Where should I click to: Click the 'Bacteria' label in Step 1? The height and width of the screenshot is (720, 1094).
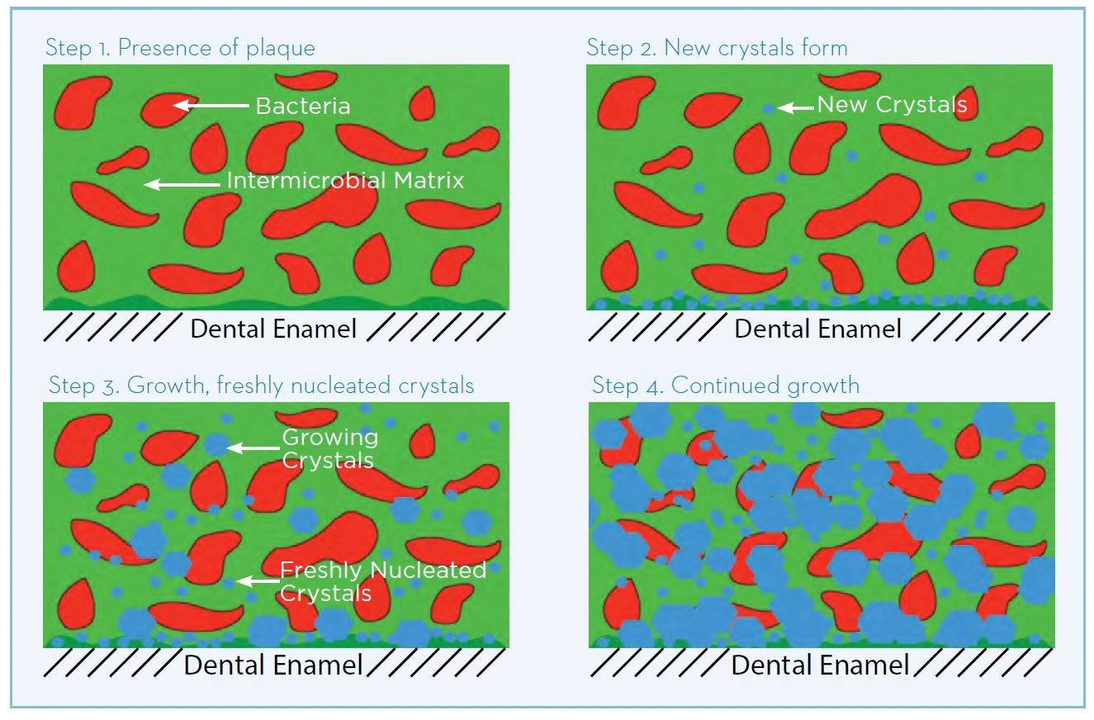click(x=302, y=106)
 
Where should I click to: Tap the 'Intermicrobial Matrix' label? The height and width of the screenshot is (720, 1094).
click(x=345, y=180)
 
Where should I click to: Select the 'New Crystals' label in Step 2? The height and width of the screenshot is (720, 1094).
click(x=892, y=105)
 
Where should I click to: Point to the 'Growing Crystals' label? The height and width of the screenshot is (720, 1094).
click(x=329, y=448)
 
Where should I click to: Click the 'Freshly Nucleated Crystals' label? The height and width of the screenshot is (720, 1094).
click(x=382, y=581)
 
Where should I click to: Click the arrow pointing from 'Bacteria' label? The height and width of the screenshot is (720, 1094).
click(x=211, y=105)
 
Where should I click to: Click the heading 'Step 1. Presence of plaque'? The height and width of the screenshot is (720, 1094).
click(x=180, y=47)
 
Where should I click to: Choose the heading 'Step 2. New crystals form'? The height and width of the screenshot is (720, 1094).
click(x=717, y=47)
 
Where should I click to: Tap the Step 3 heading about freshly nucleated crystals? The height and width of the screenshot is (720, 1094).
click(x=261, y=385)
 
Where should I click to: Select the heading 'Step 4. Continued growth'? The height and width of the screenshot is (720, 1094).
click(x=726, y=385)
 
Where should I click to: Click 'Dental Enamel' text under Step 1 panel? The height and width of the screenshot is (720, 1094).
click(x=273, y=329)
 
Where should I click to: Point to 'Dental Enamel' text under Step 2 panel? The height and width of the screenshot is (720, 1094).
click(x=817, y=329)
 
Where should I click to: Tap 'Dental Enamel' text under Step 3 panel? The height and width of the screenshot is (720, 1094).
click(x=273, y=665)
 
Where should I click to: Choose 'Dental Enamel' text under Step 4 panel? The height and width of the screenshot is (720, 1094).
click(x=820, y=665)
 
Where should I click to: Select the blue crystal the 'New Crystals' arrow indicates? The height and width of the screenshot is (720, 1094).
click(x=769, y=108)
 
